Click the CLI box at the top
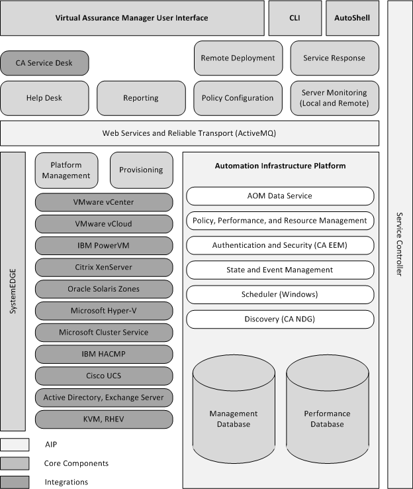[x=295, y=18]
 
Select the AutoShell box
[x=352, y=18]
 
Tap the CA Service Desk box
[x=44, y=63]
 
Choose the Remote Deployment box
[x=238, y=58]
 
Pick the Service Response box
[x=334, y=58]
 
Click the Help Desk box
[x=44, y=98]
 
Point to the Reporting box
[x=141, y=98]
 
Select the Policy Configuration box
[x=238, y=98]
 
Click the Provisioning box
[x=141, y=170]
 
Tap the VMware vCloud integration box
[x=103, y=223]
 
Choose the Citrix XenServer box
[x=103, y=267]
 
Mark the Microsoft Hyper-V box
[x=103, y=310]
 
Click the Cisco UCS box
[x=103, y=376]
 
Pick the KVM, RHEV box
[x=103, y=419]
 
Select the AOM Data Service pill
[x=280, y=195]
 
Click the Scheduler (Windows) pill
[x=280, y=294]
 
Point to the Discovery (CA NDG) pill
[x=280, y=319]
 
